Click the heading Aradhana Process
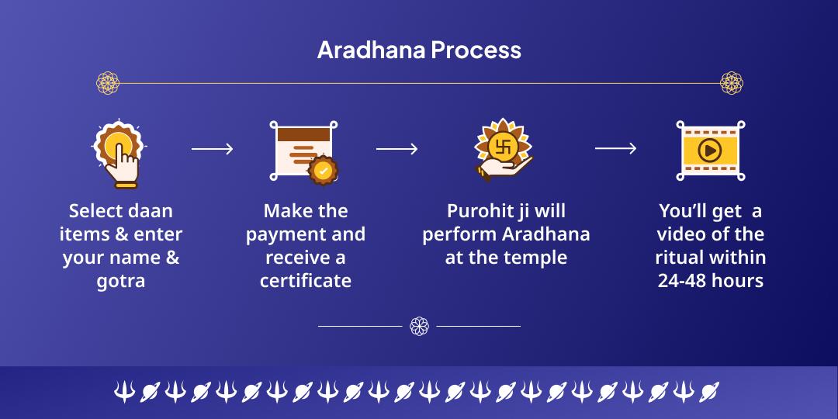tap(419, 50)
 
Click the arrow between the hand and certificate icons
tap(212, 149)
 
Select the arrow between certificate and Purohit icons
tap(396, 149)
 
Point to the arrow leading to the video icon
tap(615, 149)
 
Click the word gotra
tap(121, 281)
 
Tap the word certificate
tap(306, 281)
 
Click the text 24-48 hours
tap(710, 281)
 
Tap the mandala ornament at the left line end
tap(107, 82)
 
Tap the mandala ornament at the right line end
tap(731, 82)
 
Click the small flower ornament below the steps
tap(419, 326)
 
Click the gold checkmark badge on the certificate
tap(322, 170)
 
